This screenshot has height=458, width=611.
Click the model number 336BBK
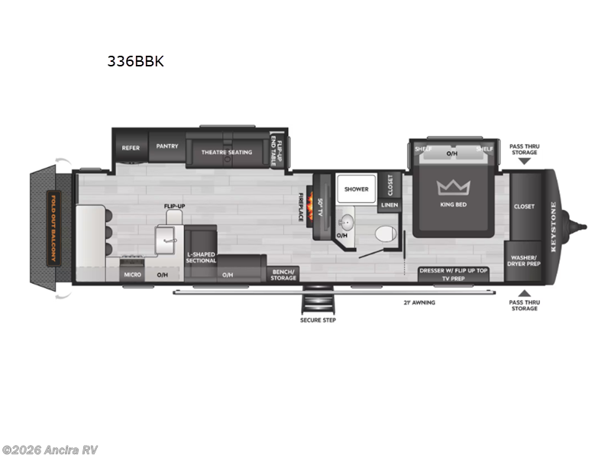pos(135,62)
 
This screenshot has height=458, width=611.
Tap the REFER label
pos(131,147)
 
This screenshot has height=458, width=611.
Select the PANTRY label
pos(166,146)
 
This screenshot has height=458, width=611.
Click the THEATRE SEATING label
pos(226,152)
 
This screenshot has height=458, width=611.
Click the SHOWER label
pos(356,189)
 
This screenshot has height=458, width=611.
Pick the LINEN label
pos(389,205)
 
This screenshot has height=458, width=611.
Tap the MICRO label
pos(131,274)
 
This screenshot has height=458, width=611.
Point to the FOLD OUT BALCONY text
pos(53,226)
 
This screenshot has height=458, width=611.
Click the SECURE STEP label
pos(318,319)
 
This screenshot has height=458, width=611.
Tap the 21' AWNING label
pos(418,302)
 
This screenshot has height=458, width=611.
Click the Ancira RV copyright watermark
pos(50,450)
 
